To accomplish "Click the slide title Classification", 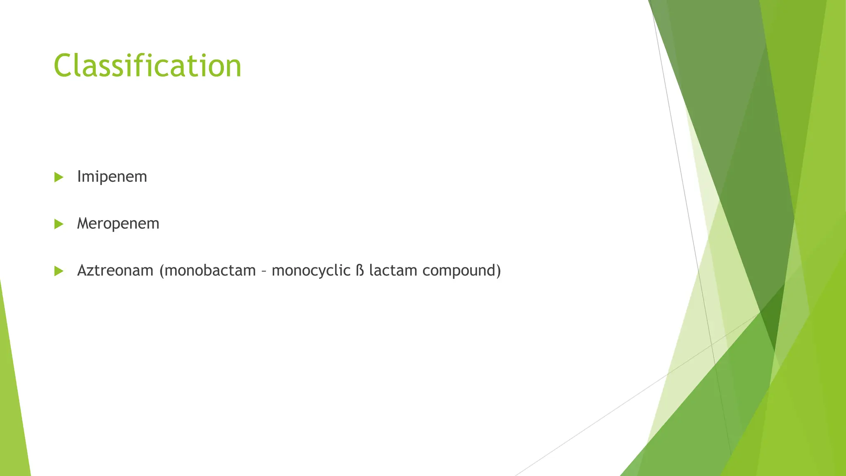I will (x=147, y=66).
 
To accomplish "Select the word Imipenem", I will (x=112, y=177).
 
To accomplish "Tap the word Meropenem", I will (x=118, y=224).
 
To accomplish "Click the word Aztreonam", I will (x=115, y=271).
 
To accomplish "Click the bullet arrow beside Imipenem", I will (x=59, y=177).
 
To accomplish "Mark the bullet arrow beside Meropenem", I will (x=59, y=224).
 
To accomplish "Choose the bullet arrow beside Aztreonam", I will (x=59, y=271).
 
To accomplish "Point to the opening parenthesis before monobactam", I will (x=162, y=271).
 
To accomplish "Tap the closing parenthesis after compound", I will (x=499, y=271).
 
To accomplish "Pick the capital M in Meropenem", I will (x=83, y=224).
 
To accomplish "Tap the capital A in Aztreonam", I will (x=83, y=271).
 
